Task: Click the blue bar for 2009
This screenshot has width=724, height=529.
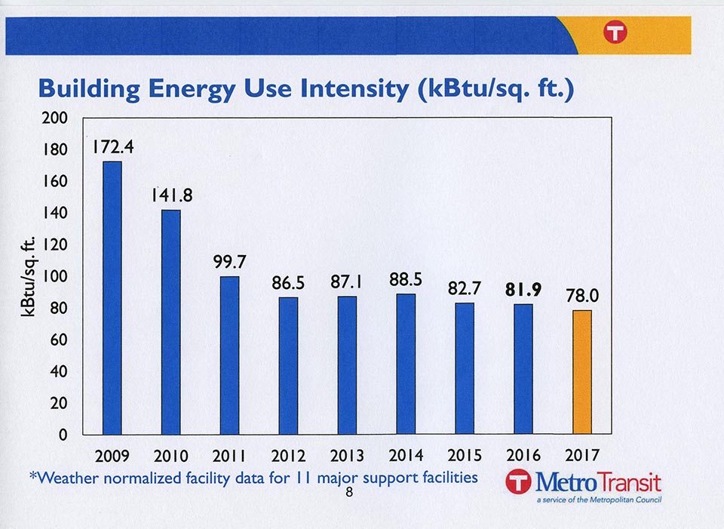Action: click(112, 298)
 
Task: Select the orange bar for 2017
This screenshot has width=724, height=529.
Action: click(581, 372)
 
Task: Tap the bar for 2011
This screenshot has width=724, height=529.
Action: click(229, 355)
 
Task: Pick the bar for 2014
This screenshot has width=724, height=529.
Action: click(406, 364)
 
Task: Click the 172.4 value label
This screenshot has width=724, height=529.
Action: click(114, 147)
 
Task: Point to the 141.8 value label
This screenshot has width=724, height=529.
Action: click(171, 195)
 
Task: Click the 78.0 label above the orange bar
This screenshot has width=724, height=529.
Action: click(582, 297)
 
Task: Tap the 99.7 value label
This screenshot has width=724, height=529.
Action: click(230, 262)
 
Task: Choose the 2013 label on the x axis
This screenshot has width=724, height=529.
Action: click(347, 456)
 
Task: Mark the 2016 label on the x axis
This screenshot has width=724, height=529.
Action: click(523, 456)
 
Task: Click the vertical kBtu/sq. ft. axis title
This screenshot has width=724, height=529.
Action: click(31, 277)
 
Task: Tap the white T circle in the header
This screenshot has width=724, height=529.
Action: click(615, 32)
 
